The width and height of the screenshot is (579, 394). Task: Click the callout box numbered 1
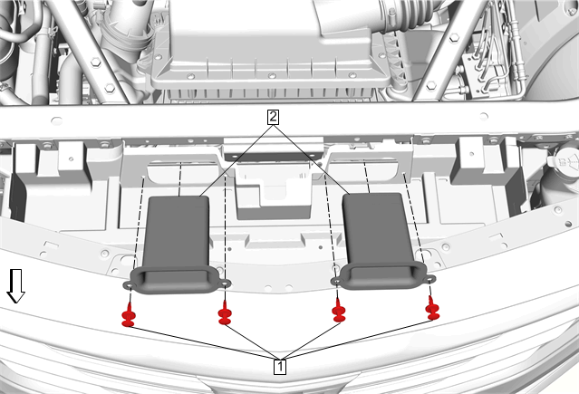(x=280, y=366)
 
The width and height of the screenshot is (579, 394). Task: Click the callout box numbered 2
(x=273, y=118)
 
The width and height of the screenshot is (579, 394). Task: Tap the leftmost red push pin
(x=129, y=315)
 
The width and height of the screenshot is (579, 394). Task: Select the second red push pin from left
(x=225, y=313)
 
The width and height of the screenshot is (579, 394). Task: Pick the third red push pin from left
(x=339, y=311)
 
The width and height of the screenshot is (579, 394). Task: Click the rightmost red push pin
(x=432, y=308)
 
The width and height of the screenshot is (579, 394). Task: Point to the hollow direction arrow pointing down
(x=16, y=286)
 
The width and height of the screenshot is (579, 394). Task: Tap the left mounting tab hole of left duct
(x=130, y=285)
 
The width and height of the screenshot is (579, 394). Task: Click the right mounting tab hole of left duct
(x=226, y=283)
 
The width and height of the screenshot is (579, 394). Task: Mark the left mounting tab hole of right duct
(x=337, y=282)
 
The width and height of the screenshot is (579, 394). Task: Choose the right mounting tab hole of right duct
(x=429, y=280)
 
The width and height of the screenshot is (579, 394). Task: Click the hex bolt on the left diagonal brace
(x=95, y=62)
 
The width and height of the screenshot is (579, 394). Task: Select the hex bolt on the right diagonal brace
(x=455, y=37)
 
